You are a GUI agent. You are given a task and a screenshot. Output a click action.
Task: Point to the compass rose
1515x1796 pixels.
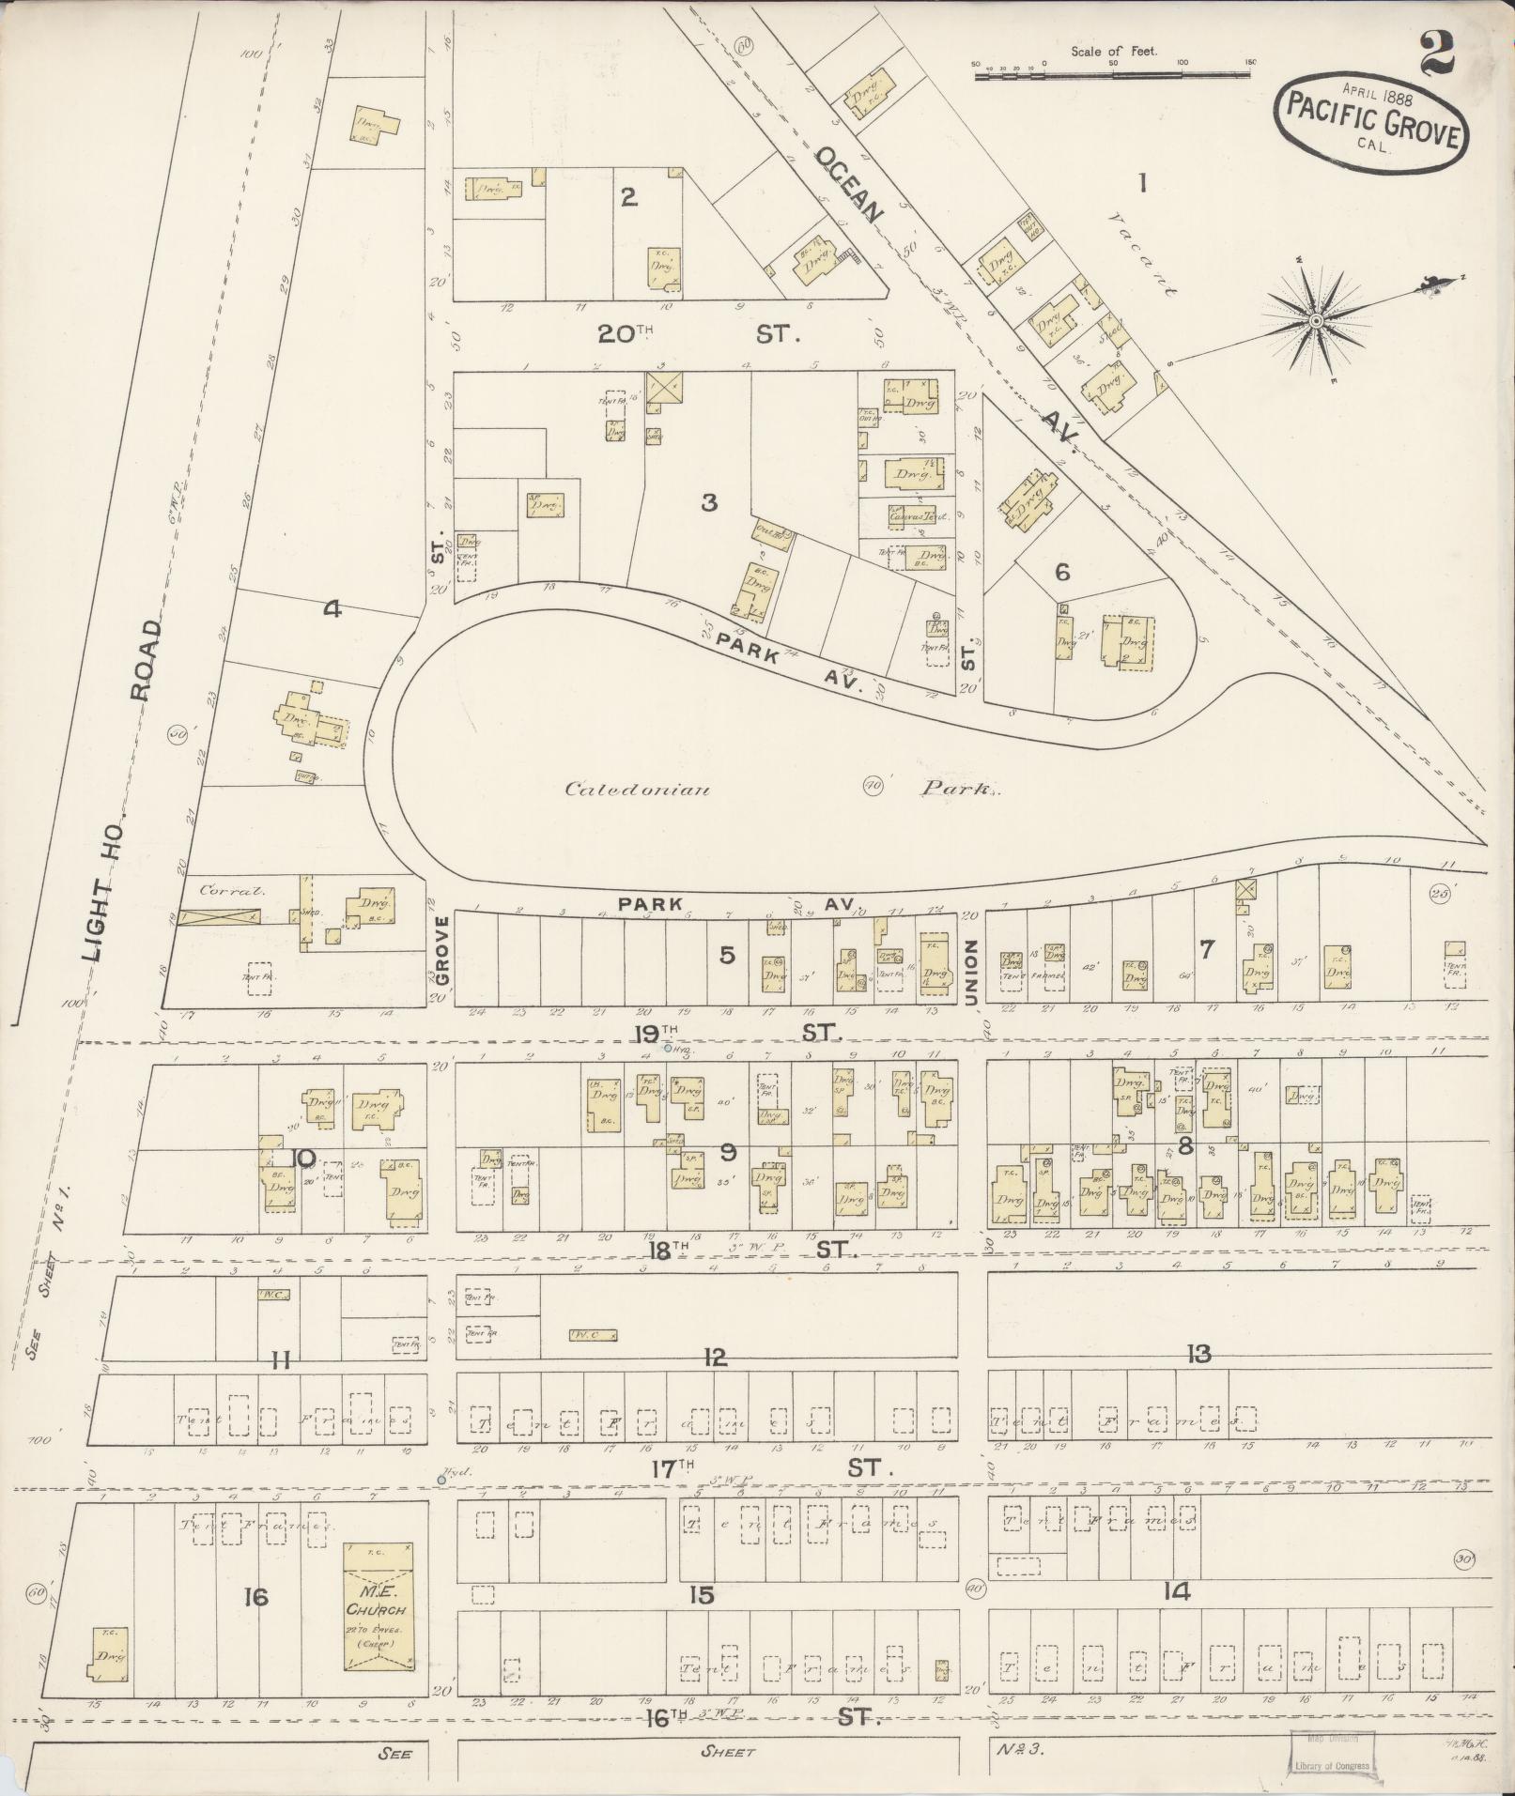pyautogui.click(x=1316, y=321)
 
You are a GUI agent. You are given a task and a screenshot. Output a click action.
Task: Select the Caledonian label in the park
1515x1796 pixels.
pyautogui.click(x=636, y=789)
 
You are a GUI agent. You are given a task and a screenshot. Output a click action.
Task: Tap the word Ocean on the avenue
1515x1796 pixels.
pyautogui.click(x=849, y=184)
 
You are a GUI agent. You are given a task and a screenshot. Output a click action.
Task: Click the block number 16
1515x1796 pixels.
pyautogui.click(x=255, y=1596)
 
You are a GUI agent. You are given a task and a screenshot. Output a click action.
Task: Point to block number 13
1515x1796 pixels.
pyautogui.click(x=1198, y=1354)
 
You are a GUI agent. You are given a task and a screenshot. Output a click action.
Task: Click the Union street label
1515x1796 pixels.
pyautogui.click(x=971, y=971)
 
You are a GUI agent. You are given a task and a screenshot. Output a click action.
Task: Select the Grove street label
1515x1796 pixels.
pyautogui.click(x=442, y=950)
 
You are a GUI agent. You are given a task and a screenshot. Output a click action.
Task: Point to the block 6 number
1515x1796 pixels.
pyautogui.click(x=1062, y=572)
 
